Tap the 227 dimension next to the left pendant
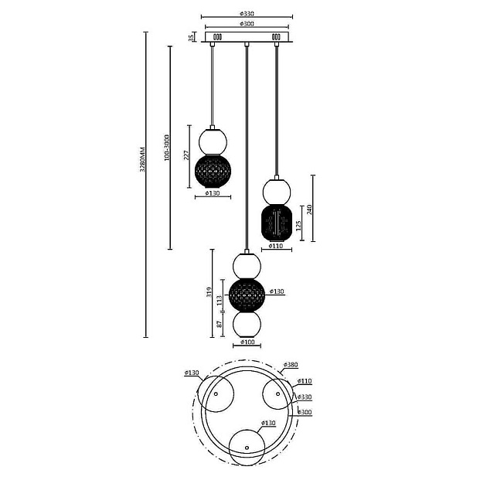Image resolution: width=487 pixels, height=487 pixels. click(186, 155)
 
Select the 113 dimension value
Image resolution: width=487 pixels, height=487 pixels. click(220, 299)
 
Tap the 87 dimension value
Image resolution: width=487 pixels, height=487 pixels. click(220, 325)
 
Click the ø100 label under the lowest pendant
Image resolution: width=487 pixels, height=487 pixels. click(247, 342)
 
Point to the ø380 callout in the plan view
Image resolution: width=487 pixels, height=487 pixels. click(291, 364)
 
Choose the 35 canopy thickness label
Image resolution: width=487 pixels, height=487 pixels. click(191, 36)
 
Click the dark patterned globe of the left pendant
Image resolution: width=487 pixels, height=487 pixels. click(211, 170)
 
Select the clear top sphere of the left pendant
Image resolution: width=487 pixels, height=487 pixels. click(213, 141)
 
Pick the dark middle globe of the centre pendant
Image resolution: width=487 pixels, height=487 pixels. click(247, 295)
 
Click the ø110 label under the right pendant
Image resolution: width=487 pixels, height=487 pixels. click(276, 247)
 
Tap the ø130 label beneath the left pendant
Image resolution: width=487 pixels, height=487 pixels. click(211, 193)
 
